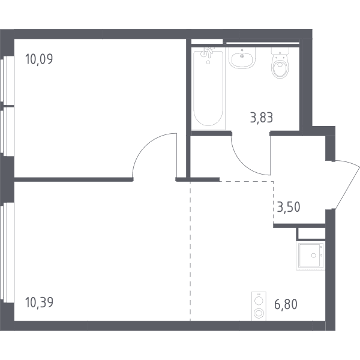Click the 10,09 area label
39,59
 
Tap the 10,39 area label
39,302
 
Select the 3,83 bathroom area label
262,118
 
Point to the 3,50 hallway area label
289,207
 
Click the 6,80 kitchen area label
286,304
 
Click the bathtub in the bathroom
208,88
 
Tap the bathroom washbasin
242,58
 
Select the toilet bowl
280,62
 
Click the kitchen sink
311,256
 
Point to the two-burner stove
259,306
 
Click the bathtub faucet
207,53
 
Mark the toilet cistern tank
280,50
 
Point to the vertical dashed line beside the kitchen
190,251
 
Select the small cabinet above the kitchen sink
311,234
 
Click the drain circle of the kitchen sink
314,256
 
